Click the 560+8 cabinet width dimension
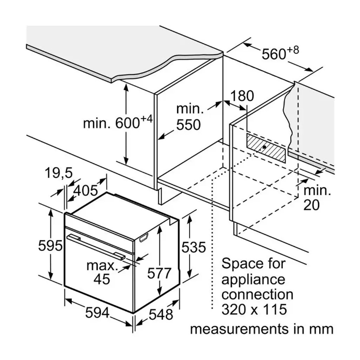point(280,53)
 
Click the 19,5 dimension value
point(58,173)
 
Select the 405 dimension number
point(86,190)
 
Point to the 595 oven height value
point(50,246)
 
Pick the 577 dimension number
point(160,273)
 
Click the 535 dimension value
point(193,247)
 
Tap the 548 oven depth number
point(160,314)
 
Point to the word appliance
point(253,279)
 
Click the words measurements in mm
point(261,329)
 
